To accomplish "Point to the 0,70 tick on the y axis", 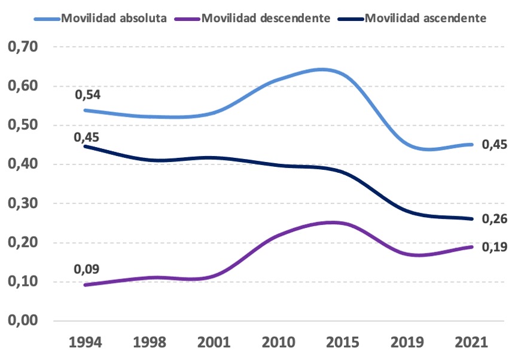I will click(x=23, y=47).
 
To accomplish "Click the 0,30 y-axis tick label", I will click(x=23, y=203).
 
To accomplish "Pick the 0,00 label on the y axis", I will click(x=23, y=321).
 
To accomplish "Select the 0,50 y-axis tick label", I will click(x=23, y=125).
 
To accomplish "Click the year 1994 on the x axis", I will click(x=86, y=343).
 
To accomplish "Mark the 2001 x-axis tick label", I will click(x=214, y=343).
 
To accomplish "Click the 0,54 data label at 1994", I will click(x=87, y=95).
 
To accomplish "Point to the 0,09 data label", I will click(x=87, y=269).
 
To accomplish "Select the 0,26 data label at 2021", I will click(x=494, y=219).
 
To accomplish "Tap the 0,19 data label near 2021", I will click(x=494, y=246).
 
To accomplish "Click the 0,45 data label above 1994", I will click(x=87, y=137).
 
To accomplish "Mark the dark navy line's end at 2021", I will click(x=471, y=219).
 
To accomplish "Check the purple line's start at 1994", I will click(x=86, y=285).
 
